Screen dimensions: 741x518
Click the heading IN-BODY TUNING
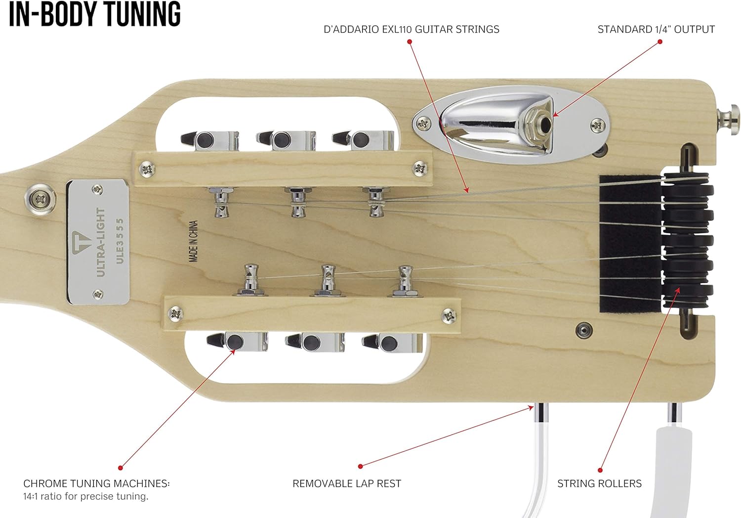pyautogui.click(x=95, y=14)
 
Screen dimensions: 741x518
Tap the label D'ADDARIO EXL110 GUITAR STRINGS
pyautogui.click(x=411, y=30)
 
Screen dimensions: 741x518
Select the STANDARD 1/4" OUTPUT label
pyautogui.click(x=656, y=30)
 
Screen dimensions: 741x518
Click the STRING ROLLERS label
pyautogui.click(x=599, y=483)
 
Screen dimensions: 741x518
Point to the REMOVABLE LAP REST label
pyautogui.click(x=347, y=483)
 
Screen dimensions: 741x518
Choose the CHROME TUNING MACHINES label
pyautogui.click(x=96, y=483)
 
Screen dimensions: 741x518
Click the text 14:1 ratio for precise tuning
pyautogui.click(x=85, y=496)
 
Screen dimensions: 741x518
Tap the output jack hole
pyautogui.click(x=545, y=124)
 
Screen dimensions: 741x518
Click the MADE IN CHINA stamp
pyautogui.click(x=194, y=241)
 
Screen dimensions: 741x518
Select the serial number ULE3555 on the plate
pyautogui.click(x=120, y=241)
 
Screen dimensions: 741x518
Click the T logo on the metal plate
pyautogui.click(x=81, y=242)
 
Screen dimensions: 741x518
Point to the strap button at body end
pyautogui.click(x=729, y=120)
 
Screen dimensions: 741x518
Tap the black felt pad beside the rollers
pyautogui.click(x=631, y=244)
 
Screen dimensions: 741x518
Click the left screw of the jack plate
pyautogui.click(x=423, y=124)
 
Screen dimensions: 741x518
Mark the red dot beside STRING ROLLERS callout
pyautogui.click(x=600, y=470)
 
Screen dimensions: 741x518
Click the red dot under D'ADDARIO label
pyautogui.click(x=410, y=42)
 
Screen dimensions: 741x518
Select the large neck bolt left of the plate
pyautogui.click(x=41, y=199)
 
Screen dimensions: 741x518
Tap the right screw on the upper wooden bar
pyautogui.click(x=420, y=168)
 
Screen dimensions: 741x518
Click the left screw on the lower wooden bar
pyautogui.click(x=176, y=314)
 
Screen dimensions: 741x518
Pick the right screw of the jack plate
pyautogui.click(x=598, y=125)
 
